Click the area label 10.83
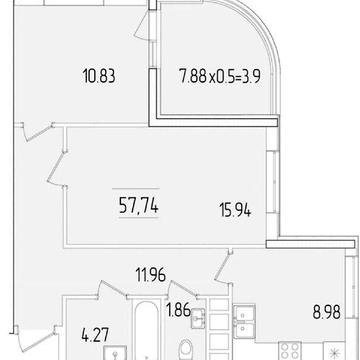pos(99,76)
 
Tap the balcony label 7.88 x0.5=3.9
pos(220,76)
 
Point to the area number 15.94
pos(235,210)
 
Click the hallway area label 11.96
pos(151,275)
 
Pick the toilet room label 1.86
pos(178,310)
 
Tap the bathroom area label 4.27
pos(95,335)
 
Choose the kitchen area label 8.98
pos(327,313)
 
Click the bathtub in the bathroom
pos(146,330)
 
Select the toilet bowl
pos(187,349)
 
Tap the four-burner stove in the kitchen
pos(290,351)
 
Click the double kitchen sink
pos(244,322)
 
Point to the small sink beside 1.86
pos(198,318)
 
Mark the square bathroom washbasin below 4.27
pos(115,353)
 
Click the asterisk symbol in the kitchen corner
pos(335,353)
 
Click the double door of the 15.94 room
pos(57,168)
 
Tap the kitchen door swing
pos(222,268)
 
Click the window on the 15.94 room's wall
pos(273,182)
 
